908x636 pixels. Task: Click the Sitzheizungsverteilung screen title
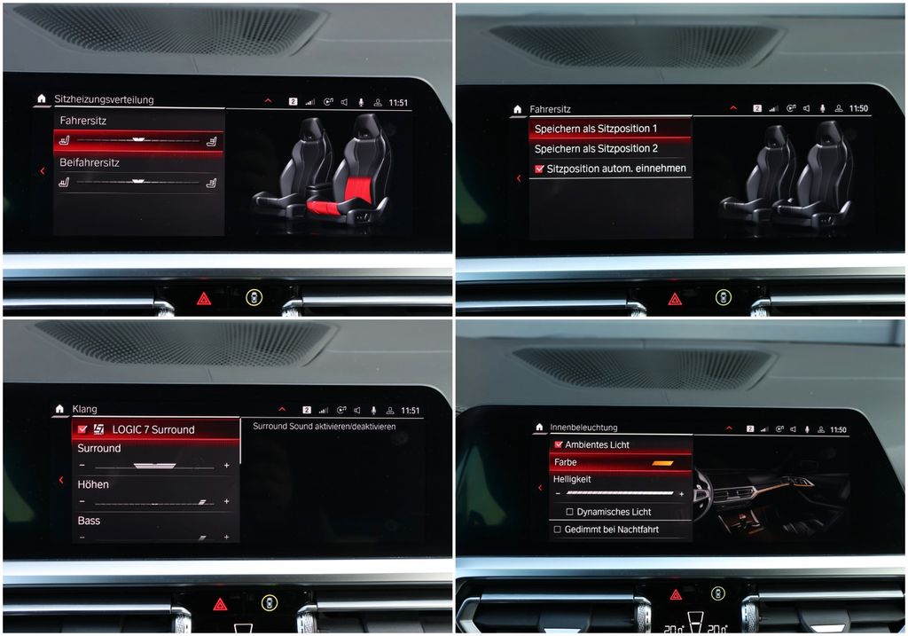[x=105, y=99]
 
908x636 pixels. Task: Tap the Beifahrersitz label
[x=90, y=162]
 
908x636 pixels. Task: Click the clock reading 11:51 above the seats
[x=398, y=103]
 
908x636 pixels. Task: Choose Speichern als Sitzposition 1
[x=596, y=129]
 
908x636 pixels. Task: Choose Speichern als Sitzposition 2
[x=596, y=149]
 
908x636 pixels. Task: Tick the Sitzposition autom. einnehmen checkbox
[x=540, y=169]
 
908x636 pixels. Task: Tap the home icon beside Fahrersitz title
[x=518, y=109]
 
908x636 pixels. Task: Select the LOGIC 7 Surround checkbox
[x=82, y=429]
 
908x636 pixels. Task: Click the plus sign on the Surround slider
[x=226, y=465]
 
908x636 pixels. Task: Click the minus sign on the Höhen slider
[x=82, y=501]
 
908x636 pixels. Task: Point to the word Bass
[x=90, y=521]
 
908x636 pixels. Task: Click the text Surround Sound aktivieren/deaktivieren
[x=325, y=427]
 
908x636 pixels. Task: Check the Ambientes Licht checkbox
[x=559, y=444]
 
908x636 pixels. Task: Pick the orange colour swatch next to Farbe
[x=662, y=463]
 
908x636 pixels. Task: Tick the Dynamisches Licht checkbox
[x=570, y=512]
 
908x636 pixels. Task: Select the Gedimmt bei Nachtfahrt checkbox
[x=557, y=529]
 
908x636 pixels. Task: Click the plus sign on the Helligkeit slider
[x=682, y=494]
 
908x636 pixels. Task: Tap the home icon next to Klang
[x=59, y=409]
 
